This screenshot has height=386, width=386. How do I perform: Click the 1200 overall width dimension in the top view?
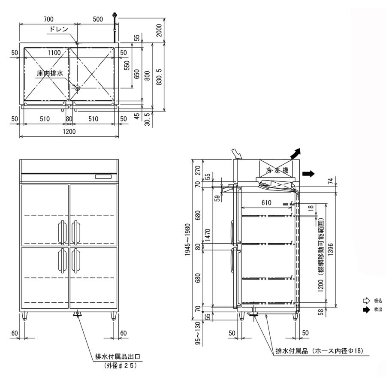(69, 132)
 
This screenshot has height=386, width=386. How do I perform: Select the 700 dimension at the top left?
(48, 19)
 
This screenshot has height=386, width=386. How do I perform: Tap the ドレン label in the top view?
(59, 29)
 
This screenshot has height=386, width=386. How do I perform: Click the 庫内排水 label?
(50, 74)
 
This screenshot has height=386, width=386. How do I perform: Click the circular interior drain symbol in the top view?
(77, 88)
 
